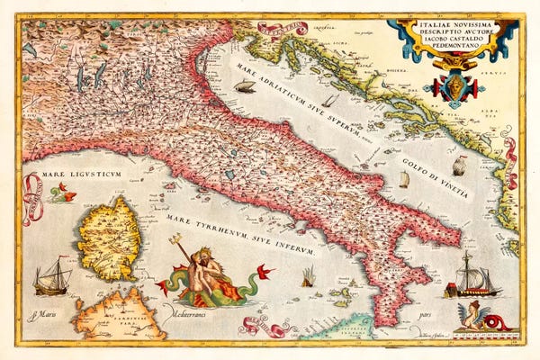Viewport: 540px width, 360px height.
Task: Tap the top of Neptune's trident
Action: pyautogui.click(x=176, y=239)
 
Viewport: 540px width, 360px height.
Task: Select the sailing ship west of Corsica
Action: pyautogui.click(x=51, y=278)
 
